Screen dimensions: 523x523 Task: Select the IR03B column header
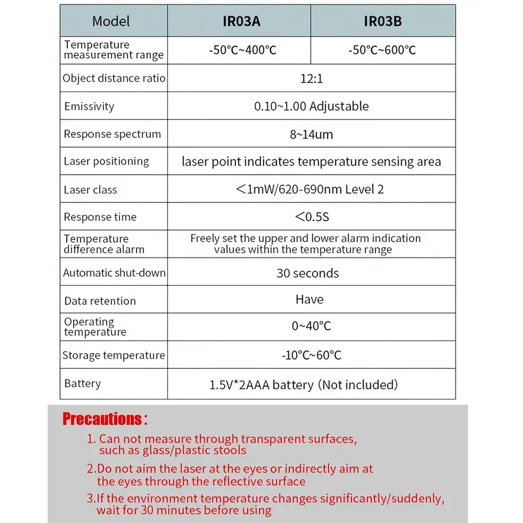(x=382, y=21)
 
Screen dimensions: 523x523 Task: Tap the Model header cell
(x=111, y=21)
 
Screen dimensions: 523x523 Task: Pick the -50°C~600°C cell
(x=382, y=50)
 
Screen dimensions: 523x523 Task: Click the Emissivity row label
(x=89, y=107)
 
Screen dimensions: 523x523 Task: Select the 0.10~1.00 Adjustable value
(x=311, y=107)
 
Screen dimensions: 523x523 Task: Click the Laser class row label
(x=90, y=190)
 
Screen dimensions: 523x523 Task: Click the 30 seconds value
(x=308, y=273)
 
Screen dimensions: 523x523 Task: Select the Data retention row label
(x=100, y=301)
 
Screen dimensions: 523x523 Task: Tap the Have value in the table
(x=309, y=299)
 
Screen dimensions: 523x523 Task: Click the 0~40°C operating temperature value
(x=311, y=326)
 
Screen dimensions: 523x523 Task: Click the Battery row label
(x=82, y=383)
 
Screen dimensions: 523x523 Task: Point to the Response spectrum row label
(x=112, y=135)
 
